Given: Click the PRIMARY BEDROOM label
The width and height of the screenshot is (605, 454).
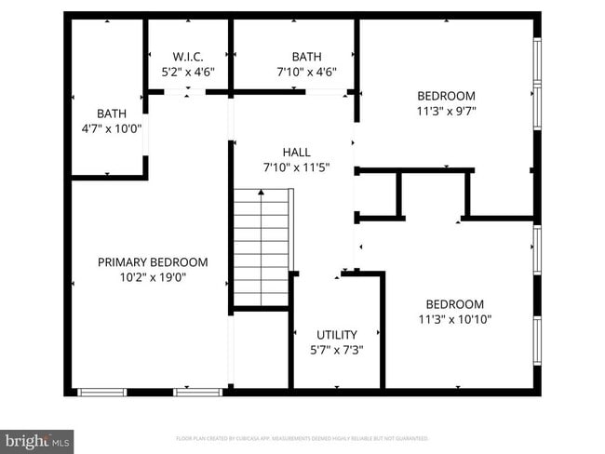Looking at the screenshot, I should click(153, 262).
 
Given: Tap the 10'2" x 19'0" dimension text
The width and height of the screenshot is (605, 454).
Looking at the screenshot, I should click(153, 277).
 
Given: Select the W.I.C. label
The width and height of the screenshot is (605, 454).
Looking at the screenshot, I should click(188, 57).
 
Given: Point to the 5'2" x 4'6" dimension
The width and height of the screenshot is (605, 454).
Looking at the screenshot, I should click(188, 72).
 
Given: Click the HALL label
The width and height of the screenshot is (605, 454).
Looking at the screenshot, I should click(297, 152).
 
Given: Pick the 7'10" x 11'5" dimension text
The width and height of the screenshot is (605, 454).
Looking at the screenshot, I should click(297, 167).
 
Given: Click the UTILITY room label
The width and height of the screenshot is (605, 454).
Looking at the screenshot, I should click(336, 334).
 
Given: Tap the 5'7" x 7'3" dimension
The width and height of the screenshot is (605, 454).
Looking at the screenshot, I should click(336, 350).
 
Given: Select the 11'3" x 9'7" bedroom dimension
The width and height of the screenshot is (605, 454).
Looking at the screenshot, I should click(446, 111).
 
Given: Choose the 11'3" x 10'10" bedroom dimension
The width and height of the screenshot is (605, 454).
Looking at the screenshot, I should click(455, 319).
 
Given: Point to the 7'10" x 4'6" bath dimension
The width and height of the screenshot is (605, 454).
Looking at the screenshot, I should click(306, 72).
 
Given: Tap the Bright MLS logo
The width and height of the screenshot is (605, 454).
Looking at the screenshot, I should click(38, 438).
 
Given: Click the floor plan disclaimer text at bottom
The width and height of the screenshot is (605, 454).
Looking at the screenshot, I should click(302, 438).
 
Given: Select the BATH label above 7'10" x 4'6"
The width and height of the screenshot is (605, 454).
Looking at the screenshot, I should click(306, 57).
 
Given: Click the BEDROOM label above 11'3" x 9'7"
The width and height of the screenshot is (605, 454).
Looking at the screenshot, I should click(446, 96).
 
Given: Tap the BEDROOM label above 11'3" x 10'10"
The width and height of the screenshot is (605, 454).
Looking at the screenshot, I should click(455, 304).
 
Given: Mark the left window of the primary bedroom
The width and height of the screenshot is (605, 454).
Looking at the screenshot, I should click(101, 392).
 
